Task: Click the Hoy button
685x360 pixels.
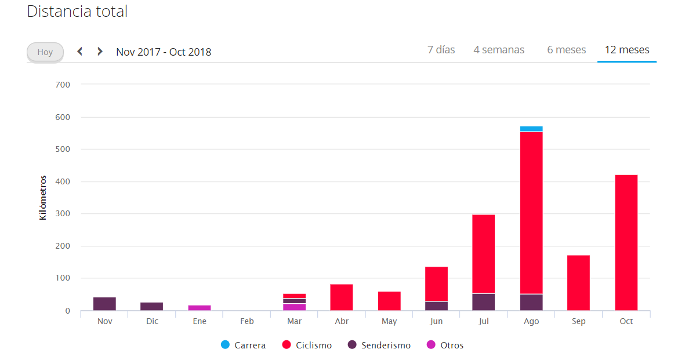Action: point(45,52)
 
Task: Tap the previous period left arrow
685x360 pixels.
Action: point(80,52)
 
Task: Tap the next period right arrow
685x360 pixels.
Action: point(100,52)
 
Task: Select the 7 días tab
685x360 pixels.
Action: point(441,50)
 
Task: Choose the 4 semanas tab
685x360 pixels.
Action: point(498,50)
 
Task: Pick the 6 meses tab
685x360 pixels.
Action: point(566,50)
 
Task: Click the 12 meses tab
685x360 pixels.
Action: point(626,50)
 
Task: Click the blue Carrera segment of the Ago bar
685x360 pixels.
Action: point(531,129)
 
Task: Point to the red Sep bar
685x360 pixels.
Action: point(578,282)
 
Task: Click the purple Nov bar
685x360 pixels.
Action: point(104,304)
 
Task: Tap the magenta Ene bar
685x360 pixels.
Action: point(200,308)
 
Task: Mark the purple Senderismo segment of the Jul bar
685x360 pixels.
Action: point(483,302)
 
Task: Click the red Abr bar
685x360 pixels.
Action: point(342,297)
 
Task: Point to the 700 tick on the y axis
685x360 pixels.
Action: point(63,85)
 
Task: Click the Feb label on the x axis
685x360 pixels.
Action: point(247,321)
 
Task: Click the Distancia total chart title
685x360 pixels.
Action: point(77,11)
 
